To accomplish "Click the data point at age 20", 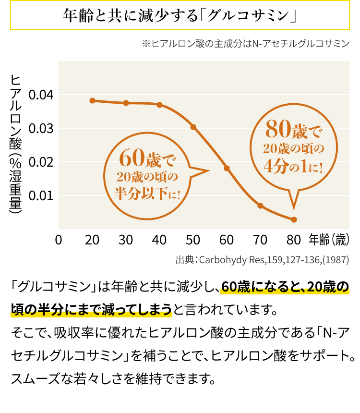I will [92, 100].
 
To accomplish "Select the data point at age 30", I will [126, 103].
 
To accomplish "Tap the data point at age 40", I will [159, 105].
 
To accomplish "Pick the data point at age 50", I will [193, 127].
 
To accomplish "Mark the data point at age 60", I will [227, 168].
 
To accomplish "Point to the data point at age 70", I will [260, 206].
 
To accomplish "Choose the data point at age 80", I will [294, 219].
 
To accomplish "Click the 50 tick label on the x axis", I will [193, 240].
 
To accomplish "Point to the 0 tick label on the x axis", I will [59, 240].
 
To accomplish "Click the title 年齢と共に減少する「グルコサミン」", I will [180, 15].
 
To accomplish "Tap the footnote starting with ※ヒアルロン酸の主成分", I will [245, 44].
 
